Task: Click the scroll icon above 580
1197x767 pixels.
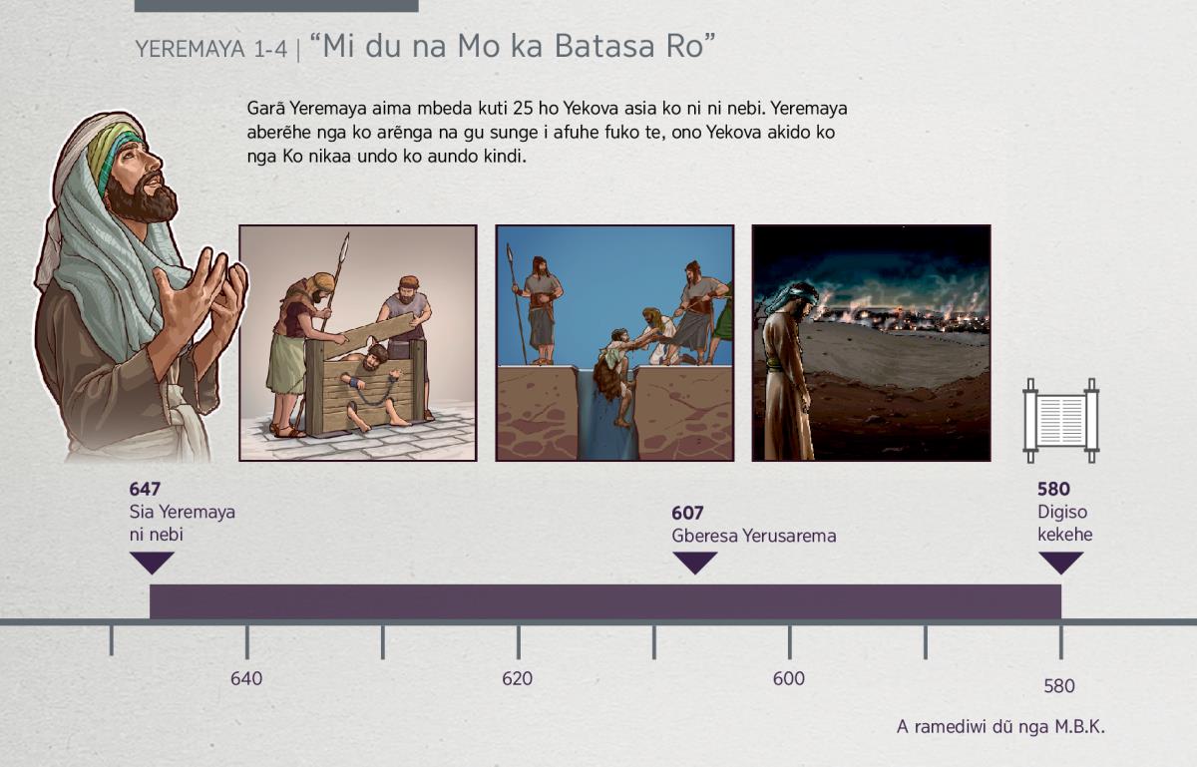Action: point(1060,421)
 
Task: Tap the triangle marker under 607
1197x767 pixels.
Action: point(694,563)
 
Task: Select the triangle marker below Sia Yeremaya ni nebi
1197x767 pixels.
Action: point(152,563)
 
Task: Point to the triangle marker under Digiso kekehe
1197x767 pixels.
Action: point(1060,563)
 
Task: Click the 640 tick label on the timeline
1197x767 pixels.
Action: point(246,679)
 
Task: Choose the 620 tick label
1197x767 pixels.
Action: point(518,679)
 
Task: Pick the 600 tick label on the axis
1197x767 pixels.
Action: point(789,679)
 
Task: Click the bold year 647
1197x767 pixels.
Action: point(145,489)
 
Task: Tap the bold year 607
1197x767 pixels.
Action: point(687,513)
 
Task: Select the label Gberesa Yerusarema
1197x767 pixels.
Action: point(753,536)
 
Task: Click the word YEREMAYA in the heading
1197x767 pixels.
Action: point(191,49)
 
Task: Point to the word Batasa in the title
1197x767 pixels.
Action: point(604,46)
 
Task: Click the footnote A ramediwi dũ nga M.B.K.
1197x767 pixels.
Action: point(1000,727)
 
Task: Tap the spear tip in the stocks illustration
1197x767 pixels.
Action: point(346,243)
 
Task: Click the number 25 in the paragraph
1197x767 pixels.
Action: point(523,109)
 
